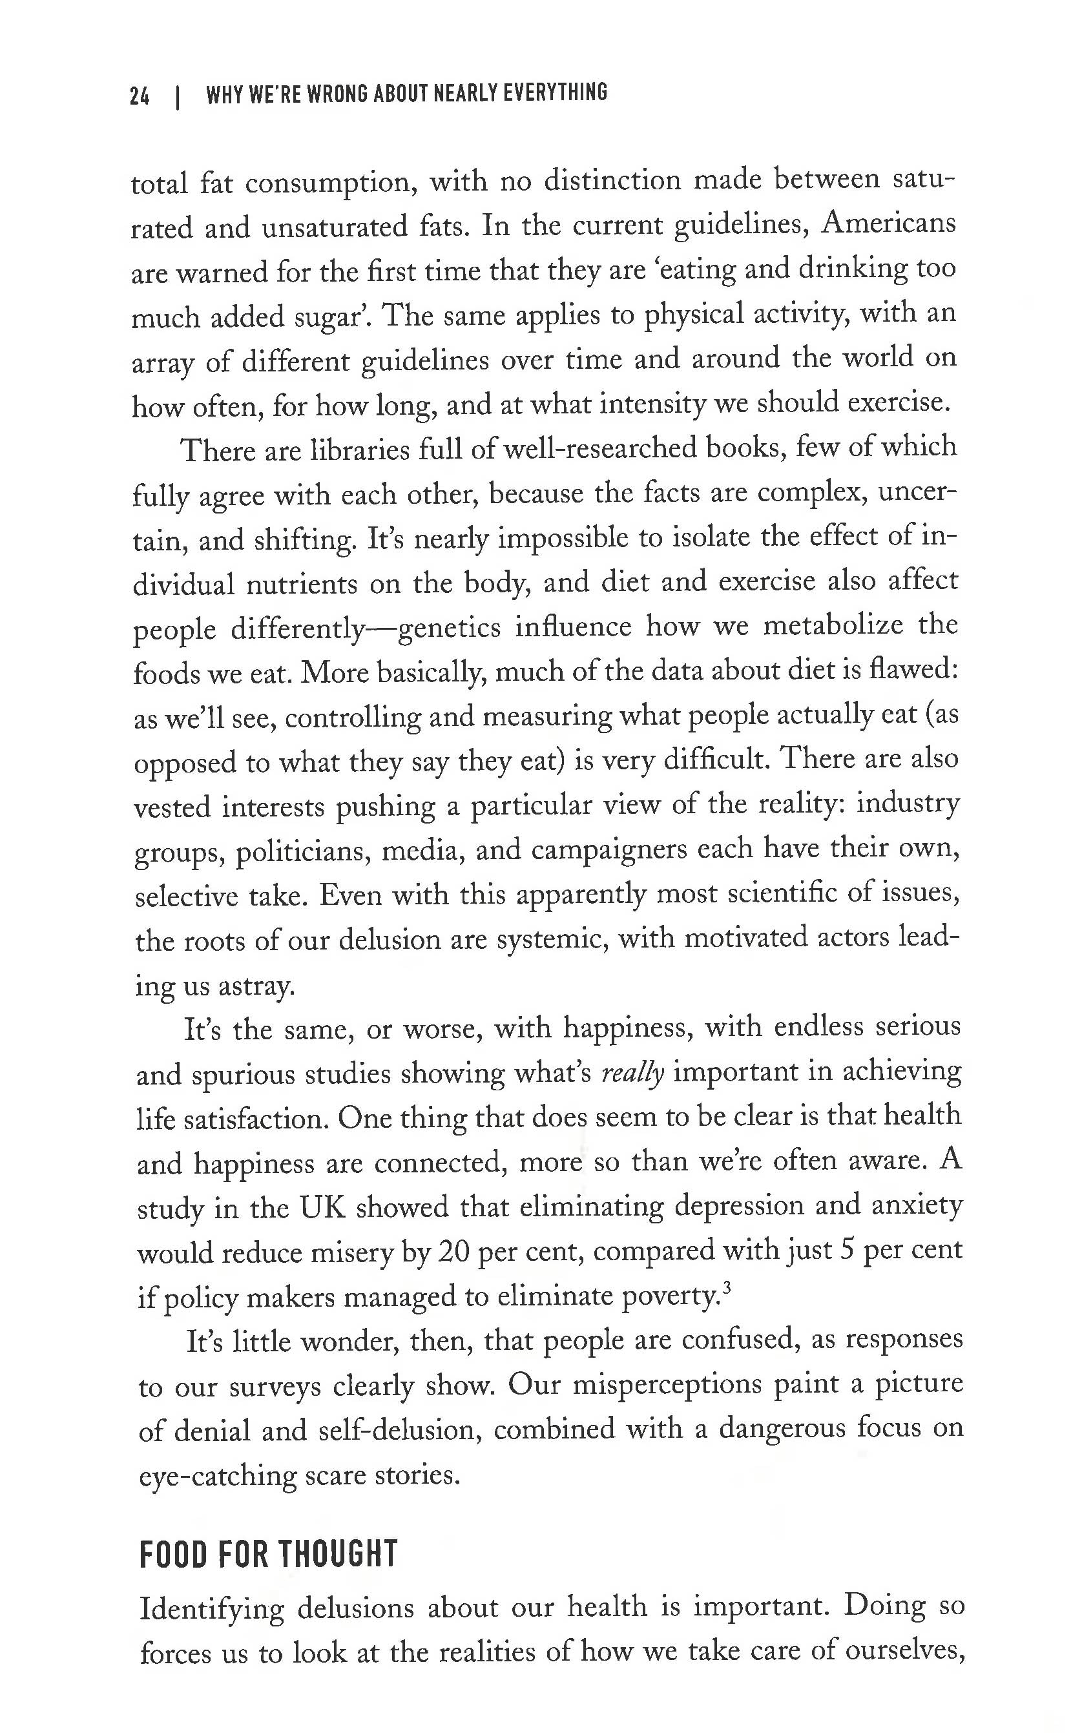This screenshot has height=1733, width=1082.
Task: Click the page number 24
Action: click(140, 96)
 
